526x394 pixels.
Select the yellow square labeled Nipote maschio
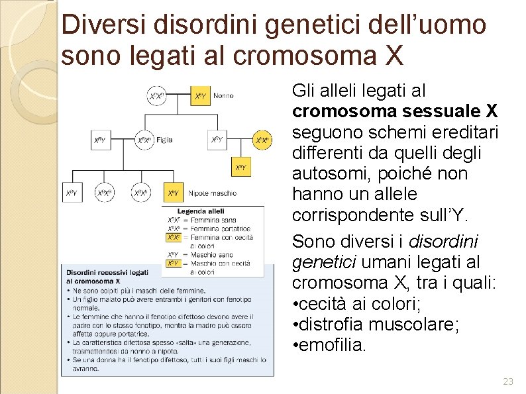coord(173,193)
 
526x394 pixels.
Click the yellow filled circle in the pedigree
coord(262,140)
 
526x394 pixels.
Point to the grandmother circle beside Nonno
coord(156,96)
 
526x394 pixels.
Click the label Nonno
coord(223,96)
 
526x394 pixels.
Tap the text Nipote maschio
coord(212,193)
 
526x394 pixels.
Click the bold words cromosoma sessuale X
coord(395,110)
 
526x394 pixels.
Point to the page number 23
coord(508,381)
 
